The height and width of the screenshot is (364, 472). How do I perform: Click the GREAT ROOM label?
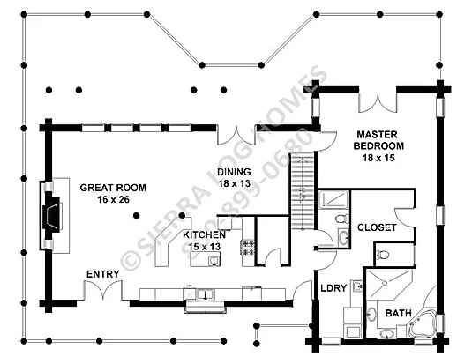pos(113,188)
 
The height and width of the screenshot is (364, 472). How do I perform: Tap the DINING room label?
pos(234,172)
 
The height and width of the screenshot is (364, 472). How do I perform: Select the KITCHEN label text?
pos(205,234)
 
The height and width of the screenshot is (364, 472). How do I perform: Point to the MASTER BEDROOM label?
pos(378,140)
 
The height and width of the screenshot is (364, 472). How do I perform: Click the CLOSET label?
pos(377,227)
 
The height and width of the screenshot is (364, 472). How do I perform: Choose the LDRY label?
pos(333,288)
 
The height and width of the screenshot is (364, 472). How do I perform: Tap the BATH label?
pos(398,313)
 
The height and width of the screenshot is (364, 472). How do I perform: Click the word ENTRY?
pos(103,274)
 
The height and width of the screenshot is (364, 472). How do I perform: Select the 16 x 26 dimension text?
pos(113,199)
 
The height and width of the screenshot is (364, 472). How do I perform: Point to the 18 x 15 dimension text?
pos(378,158)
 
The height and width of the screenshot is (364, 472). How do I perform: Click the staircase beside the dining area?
pos(303,191)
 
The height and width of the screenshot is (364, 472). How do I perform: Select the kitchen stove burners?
pos(248,248)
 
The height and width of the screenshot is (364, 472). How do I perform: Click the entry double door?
pos(103,290)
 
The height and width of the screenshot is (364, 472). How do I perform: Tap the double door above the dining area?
pos(236,136)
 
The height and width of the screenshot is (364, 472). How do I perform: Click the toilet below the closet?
pos(382,255)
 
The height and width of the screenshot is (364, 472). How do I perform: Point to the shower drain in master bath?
pos(385,283)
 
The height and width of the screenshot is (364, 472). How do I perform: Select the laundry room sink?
pos(357,286)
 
